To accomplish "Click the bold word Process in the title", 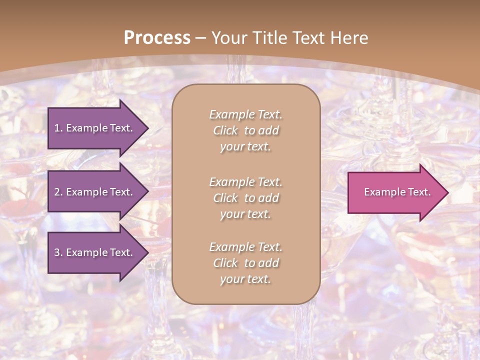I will point(157,37).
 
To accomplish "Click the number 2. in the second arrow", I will point(58,192).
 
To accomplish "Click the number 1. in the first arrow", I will point(58,128).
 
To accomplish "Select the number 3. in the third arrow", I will point(58,252).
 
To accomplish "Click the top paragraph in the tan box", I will point(245,130).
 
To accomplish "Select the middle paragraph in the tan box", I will point(245,198).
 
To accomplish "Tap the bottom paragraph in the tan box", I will point(245,263).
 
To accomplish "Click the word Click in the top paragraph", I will point(225,130).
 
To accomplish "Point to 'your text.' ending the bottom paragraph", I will point(245,279).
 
